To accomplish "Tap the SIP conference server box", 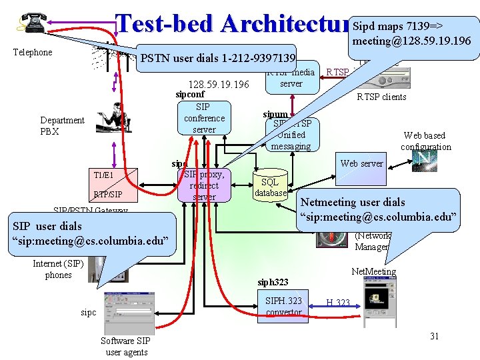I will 204,118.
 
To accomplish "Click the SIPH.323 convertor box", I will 283,307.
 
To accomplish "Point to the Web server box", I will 362,163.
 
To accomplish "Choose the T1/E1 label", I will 103,175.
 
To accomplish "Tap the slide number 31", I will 434,336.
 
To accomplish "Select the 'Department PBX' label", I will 62,126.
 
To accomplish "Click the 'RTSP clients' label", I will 381,97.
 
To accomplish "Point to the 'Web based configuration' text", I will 426,141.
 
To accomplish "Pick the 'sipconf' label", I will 190,95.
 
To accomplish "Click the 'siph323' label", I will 273,282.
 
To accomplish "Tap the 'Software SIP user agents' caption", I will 126,346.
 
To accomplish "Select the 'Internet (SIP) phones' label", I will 58,269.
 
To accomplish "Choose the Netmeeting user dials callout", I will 379,209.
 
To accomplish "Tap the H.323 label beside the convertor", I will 338,303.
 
